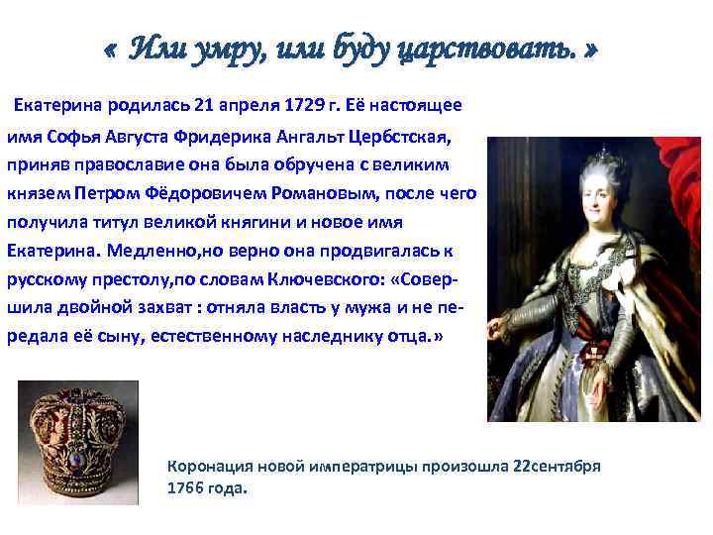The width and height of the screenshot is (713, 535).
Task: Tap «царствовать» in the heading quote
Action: point(480,48)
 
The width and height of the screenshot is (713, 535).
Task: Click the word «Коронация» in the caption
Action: point(210,466)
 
